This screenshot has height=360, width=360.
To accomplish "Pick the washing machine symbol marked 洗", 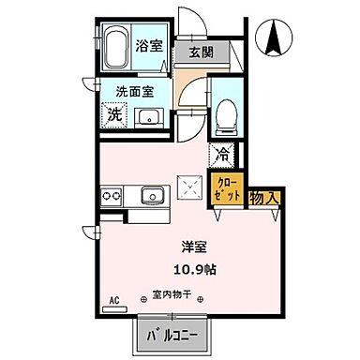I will (113, 116).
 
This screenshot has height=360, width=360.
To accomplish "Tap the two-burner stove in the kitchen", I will (112, 196).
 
